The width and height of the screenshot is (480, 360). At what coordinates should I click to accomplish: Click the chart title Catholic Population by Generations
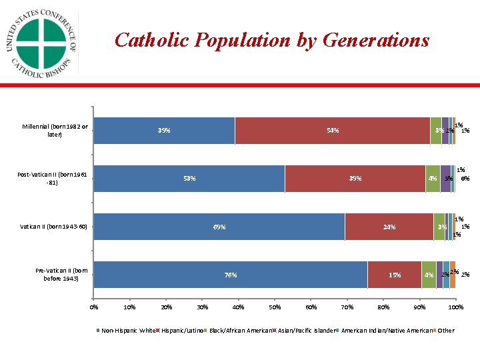[272, 41]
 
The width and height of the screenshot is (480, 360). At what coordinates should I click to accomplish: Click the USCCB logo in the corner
[41, 44]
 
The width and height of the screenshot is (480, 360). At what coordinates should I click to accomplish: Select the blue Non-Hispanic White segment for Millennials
[164, 131]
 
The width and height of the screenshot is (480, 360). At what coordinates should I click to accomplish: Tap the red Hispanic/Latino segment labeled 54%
[333, 131]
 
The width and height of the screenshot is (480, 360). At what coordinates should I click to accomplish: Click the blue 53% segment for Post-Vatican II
[189, 179]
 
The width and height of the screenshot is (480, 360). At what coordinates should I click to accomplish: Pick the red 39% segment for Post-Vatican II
[355, 179]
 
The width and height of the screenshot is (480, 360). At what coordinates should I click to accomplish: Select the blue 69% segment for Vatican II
[219, 227]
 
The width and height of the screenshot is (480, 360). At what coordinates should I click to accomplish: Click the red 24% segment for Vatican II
[389, 227]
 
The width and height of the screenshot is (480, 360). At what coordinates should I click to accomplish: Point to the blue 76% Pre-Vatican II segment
[231, 275]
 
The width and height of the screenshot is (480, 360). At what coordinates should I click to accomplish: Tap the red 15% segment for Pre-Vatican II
[395, 275]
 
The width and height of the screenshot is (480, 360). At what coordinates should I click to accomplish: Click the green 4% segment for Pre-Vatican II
[429, 275]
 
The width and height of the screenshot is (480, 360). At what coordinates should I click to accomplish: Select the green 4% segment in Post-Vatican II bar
[433, 179]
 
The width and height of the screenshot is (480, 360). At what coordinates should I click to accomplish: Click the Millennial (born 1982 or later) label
[55, 131]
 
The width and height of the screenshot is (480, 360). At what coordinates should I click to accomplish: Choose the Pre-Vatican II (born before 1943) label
[61, 275]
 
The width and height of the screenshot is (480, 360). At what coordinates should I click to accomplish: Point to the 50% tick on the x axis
[274, 307]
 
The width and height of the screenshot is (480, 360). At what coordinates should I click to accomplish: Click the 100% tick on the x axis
[455, 307]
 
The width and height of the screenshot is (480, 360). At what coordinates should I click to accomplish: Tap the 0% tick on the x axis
[94, 307]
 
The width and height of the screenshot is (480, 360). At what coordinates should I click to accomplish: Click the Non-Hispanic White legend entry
[127, 331]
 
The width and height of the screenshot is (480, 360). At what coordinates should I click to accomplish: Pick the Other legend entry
[445, 331]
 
